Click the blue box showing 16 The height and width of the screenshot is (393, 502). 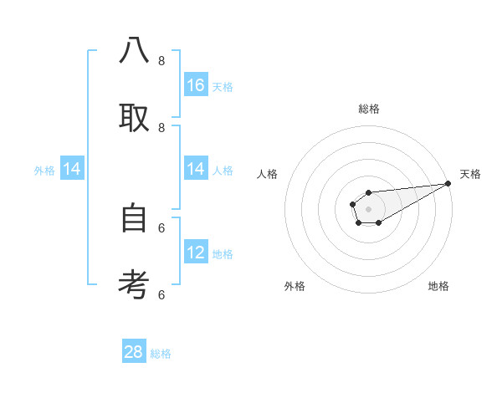[196, 85]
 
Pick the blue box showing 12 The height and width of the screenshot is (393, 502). [196, 253]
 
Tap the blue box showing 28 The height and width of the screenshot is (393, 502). [134, 352]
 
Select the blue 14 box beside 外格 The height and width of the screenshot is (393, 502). [72, 170]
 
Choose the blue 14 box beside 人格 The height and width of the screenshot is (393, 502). [196, 170]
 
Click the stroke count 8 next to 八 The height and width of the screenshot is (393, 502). [161, 60]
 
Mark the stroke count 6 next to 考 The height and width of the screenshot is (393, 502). [161, 294]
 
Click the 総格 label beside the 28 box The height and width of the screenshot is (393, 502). [161, 354]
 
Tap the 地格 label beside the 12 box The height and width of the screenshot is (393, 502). [223, 254]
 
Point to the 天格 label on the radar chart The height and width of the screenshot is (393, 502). [470, 174]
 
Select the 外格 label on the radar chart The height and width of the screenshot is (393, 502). [295, 286]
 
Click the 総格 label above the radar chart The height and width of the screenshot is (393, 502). [368, 109]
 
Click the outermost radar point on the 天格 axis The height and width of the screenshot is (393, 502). [448, 183]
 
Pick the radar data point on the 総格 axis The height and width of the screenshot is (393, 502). [368, 193]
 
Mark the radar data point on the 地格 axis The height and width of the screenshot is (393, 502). [378, 222]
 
